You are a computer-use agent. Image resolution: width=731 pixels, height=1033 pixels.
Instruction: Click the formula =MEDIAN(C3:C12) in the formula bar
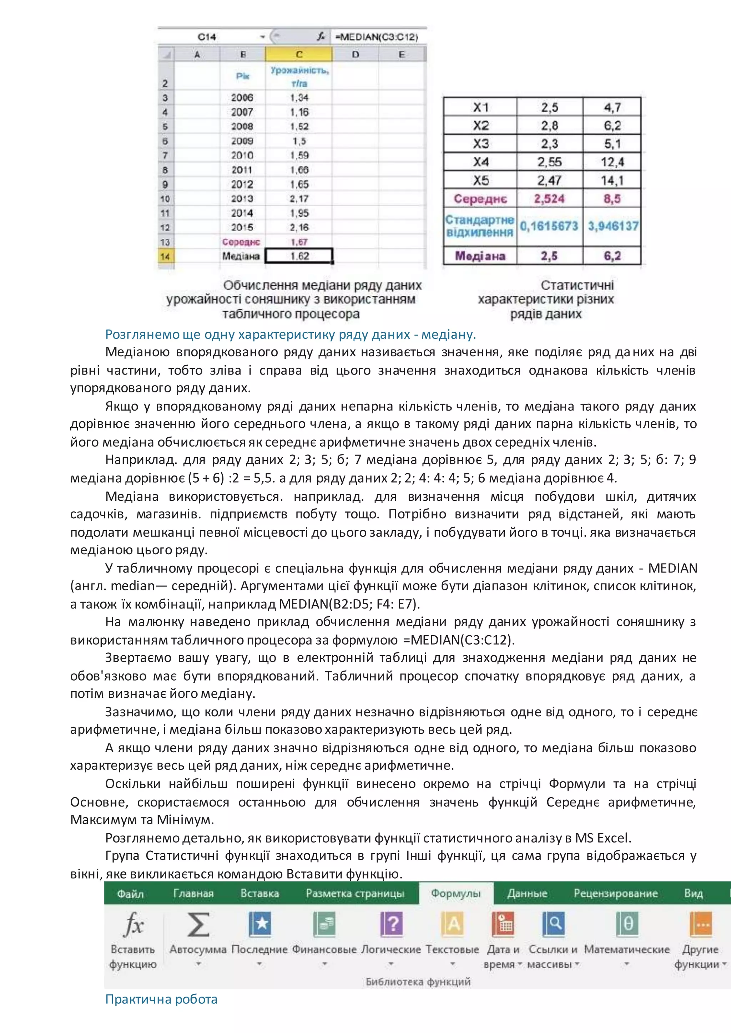coord(376,37)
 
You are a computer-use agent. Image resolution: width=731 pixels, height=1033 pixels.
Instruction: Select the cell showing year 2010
coord(242,155)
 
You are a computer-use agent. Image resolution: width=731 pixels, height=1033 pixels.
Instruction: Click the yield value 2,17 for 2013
coord(299,198)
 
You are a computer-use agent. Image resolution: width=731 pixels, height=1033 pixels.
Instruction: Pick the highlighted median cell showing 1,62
coord(299,256)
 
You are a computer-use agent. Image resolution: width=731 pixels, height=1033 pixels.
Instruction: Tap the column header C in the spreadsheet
coord(299,55)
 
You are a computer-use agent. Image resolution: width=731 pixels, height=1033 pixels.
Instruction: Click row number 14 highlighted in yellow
coord(165,256)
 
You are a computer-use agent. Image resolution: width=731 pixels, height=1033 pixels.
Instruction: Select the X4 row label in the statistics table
coord(480,162)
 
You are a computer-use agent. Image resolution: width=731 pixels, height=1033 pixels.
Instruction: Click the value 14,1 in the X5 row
coord(612,180)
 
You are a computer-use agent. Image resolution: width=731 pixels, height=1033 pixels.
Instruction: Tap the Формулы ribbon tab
coord(455,893)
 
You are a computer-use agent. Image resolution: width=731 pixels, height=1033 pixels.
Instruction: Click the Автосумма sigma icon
coord(198,924)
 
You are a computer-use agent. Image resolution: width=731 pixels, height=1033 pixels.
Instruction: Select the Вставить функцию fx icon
coord(133,924)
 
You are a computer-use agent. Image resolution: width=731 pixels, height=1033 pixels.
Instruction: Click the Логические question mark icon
coord(391,924)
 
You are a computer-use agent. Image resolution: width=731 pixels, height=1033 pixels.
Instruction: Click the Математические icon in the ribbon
coord(627,924)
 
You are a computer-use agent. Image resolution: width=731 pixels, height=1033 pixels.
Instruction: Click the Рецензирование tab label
coord(615,893)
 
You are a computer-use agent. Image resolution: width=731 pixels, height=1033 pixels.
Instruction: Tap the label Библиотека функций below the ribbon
coord(418,982)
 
